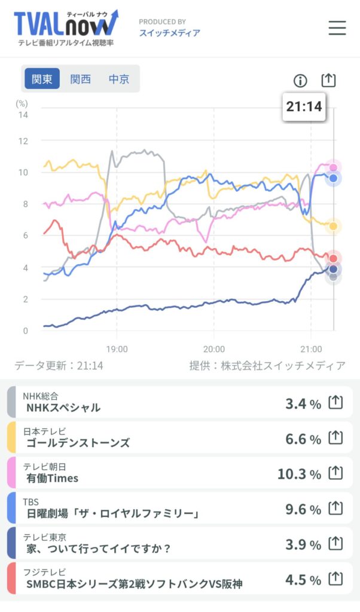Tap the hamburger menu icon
click(x=337, y=27)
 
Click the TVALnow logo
click(x=66, y=27)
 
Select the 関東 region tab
click(x=42, y=79)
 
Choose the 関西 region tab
click(x=80, y=79)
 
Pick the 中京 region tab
click(x=118, y=79)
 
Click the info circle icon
click(x=300, y=81)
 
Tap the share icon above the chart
click(x=328, y=80)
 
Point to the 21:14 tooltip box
click(x=304, y=107)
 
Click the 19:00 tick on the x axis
click(x=117, y=348)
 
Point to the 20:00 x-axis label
click(x=213, y=348)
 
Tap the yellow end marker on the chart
click(x=334, y=226)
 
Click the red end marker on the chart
click(x=334, y=258)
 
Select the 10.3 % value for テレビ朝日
click(x=299, y=474)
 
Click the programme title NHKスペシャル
click(x=63, y=408)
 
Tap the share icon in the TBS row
click(x=336, y=509)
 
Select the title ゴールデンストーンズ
click(x=78, y=443)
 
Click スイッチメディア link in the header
click(x=170, y=33)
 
